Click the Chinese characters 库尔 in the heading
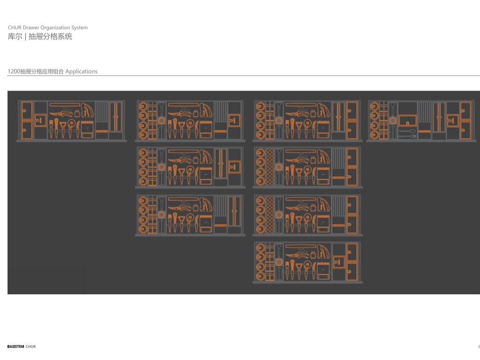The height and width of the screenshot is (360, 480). point(14,37)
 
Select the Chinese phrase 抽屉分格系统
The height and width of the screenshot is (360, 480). point(50,37)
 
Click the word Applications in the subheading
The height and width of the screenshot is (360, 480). point(82,71)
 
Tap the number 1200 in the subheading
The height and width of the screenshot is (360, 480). point(14,71)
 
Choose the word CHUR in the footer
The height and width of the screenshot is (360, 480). point(31,347)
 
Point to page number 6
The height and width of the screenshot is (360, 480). point(479,347)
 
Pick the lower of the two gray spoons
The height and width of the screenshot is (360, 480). point(407,136)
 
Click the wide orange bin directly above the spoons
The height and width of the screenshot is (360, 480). point(408,120)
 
